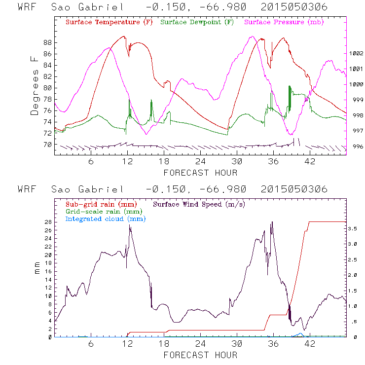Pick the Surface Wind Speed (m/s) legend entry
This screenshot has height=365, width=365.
point(199,204)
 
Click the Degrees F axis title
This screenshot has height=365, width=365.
point(35,85)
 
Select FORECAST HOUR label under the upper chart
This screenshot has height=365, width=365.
point(200,173)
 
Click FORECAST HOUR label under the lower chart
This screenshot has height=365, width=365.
point(200,355)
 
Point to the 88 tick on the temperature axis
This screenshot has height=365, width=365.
point(47,42)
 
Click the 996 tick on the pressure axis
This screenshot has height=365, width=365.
point(356,146)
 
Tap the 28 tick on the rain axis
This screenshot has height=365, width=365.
point(47,222)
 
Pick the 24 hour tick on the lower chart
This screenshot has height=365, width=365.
point(200,344)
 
